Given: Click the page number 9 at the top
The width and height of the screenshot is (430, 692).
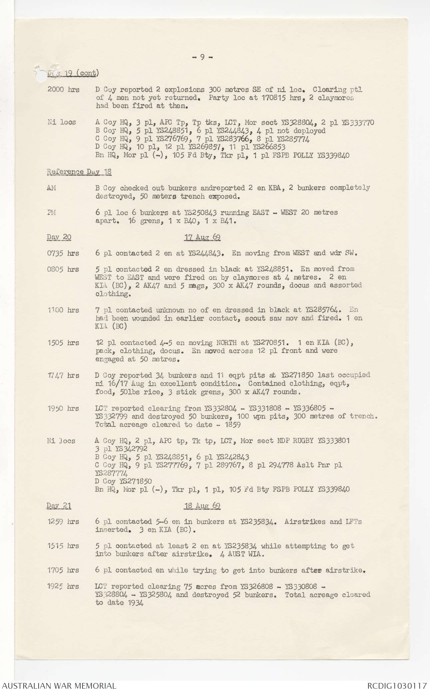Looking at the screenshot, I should (x=202, y=57).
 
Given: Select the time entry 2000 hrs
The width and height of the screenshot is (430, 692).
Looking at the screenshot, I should (x=63, y=90).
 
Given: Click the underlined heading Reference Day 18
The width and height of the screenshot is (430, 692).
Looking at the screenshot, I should (x=79, y=172).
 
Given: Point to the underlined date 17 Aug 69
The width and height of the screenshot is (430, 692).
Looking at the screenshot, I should (x=202, y=237).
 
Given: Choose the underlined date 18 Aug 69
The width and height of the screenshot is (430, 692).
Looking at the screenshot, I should (x=202, y=506).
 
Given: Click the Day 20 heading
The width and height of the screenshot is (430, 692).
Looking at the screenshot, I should (x=59, y=237).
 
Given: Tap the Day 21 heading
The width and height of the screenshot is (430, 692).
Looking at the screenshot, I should (x=59, y=506).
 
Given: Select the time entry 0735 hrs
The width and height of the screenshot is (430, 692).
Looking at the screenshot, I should (x=63, y=253).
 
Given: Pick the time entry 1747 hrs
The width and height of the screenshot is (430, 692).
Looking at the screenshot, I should (x=63, y=376).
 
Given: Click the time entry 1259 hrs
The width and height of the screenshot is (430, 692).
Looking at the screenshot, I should (x=63, y=522).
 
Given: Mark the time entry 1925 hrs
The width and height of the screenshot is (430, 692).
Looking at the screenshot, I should (x=63, y=587).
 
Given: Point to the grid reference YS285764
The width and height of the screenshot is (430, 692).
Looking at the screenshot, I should (x=322, y=310).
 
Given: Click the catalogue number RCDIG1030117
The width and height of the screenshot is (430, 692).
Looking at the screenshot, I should (x=397, y=686).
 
